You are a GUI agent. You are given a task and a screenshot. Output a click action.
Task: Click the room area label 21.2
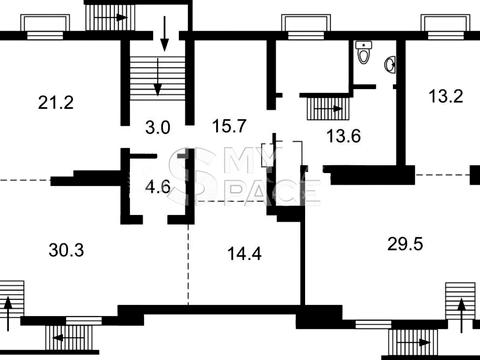pos(56,102)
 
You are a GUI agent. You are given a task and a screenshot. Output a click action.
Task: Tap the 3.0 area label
pos(158,127)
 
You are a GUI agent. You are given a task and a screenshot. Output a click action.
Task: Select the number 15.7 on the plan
pos(229,126)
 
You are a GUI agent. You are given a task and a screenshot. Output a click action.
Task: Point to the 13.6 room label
pos(344,136)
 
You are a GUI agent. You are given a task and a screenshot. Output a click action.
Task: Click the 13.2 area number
pos(446,96)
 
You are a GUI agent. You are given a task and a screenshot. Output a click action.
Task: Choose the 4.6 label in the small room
pos(158,187)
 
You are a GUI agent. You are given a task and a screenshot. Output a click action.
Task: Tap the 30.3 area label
pos(66,250)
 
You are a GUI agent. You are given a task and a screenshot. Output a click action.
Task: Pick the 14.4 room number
pos(244,254)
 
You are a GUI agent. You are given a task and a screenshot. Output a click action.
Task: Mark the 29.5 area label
pos(405,244)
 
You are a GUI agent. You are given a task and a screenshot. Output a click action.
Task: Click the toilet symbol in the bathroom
pos(363,52)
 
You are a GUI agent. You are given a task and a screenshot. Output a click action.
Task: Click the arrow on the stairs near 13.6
pos(328,109)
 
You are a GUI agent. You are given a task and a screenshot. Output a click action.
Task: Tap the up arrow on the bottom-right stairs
pos(462,316)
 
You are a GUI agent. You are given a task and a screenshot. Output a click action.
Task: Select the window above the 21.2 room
pos(45,35)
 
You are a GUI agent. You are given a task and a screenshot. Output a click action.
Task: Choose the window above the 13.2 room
pos(445,35)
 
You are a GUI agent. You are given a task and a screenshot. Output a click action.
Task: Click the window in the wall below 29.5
pos(373,324)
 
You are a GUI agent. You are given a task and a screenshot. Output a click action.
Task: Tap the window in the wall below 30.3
pos(84,321)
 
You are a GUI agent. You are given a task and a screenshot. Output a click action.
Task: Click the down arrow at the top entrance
pos(165,34)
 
